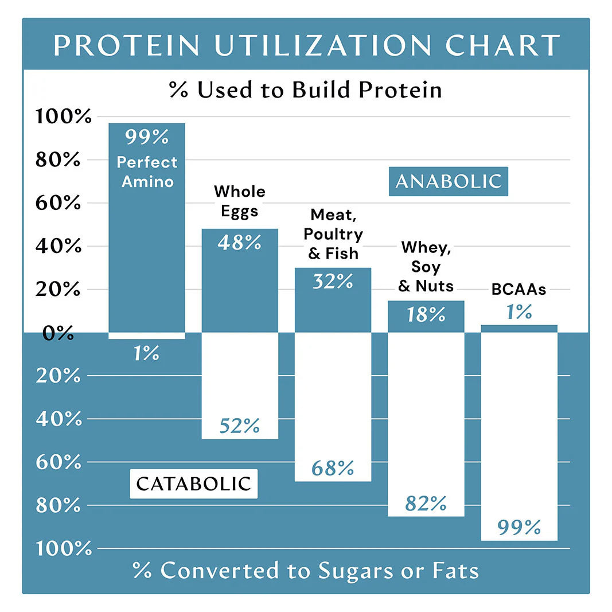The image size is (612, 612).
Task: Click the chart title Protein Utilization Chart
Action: coord(306,46)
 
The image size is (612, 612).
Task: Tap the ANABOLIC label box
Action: coord(449,181)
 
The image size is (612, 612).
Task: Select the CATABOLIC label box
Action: coord(194,484)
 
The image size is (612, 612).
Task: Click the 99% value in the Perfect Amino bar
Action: coord(147,138)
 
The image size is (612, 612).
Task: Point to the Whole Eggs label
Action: coord(240,201)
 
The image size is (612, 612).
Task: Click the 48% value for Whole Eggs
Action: coord(239,243)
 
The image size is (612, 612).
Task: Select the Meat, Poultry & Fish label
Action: coord(333,234)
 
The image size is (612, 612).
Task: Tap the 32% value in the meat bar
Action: coord(333,282)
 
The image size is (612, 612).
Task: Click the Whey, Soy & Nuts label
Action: coord(426,267)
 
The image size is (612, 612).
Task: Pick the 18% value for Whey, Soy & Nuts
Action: coord(426,315)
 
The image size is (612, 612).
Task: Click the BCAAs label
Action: coord(519,290)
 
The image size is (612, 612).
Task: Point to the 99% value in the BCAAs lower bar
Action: coord(519,527)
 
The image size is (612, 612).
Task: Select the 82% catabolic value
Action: coord(426,504)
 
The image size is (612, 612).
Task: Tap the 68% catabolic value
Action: coord(333,469)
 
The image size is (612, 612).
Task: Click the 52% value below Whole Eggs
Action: coord(239,426)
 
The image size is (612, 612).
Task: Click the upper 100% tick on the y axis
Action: coord(63,117)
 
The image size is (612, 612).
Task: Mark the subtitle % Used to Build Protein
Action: coord(306,90)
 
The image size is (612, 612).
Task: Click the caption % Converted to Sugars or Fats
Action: coord(306,571)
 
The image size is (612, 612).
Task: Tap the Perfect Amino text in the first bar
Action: coord(147,172)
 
